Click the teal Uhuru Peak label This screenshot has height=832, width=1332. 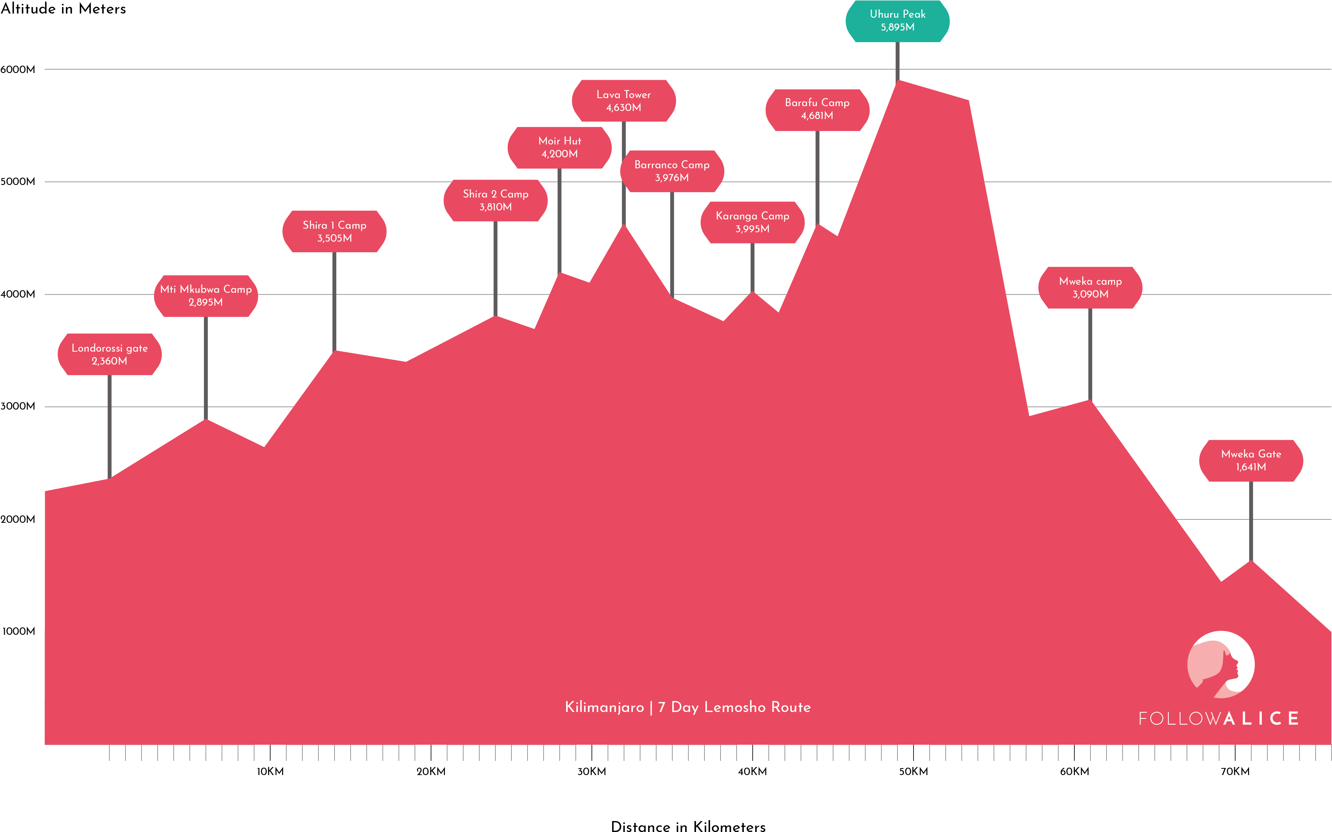897,21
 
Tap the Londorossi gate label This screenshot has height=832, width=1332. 109,354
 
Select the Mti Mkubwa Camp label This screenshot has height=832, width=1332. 206,295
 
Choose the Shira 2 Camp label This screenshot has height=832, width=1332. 496,200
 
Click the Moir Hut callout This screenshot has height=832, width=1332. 560,147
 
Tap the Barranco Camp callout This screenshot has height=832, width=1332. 672,171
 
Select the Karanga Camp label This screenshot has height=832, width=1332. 753,222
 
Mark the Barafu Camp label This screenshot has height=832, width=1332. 817,109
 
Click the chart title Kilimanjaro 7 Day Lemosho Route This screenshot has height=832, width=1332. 688,707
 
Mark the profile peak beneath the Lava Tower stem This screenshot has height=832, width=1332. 624,227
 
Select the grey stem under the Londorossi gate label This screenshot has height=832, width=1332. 109,426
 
